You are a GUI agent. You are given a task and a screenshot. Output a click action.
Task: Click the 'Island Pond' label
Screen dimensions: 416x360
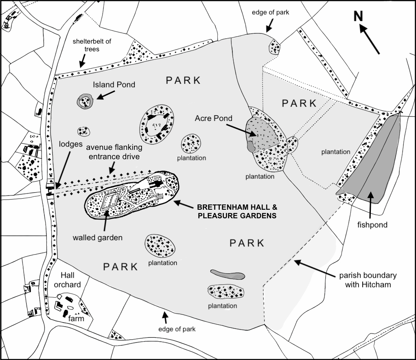point(114,85)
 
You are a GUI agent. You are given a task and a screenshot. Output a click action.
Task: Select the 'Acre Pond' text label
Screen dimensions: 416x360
point(214,118)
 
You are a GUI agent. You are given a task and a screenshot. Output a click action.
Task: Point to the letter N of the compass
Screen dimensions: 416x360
point(358,16)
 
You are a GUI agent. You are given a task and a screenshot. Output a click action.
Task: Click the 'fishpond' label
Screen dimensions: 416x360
point(372,225)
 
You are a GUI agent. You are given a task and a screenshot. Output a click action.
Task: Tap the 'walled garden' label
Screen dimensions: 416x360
point(98,237)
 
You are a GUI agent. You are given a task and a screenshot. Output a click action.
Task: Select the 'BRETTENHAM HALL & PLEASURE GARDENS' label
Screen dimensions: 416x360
point(237,211)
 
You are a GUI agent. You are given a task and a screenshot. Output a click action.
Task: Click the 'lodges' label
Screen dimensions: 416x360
point(70,144)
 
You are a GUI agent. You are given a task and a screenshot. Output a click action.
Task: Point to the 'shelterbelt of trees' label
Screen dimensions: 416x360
point(92,45)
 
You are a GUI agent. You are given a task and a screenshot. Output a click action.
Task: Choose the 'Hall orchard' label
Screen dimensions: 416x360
point(67,280)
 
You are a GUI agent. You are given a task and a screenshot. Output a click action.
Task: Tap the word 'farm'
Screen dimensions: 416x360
point(76,318)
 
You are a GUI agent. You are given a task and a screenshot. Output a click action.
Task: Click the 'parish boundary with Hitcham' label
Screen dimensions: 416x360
point(368,280)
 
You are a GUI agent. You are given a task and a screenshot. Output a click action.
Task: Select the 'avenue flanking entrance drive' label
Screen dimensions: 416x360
point(114,152)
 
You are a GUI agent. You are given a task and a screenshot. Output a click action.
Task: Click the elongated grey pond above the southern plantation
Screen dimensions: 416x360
point(228,274)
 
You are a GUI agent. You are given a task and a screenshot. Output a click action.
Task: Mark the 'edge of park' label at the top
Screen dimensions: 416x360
point(270,13)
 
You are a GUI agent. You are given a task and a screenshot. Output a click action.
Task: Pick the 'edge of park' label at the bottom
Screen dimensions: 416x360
point(177,329)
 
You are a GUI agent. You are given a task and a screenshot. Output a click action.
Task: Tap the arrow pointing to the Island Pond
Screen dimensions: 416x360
point(105,95)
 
